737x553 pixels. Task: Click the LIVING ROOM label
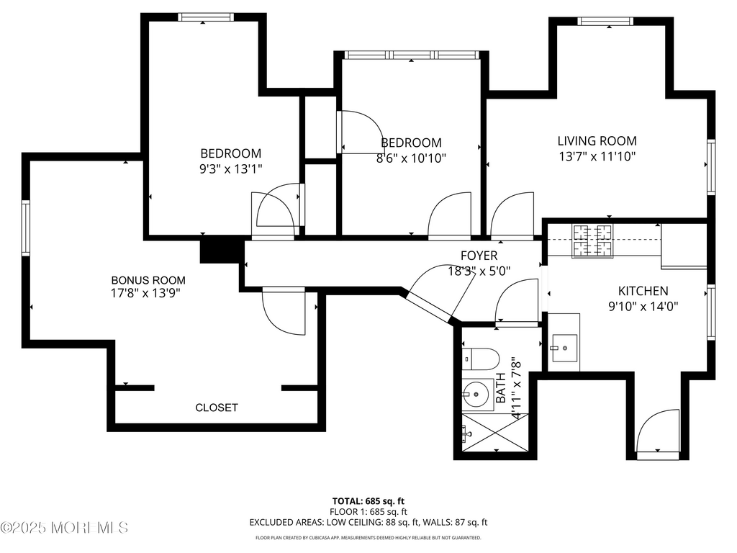597,140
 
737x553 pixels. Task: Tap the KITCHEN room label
643,291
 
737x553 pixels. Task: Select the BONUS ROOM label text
148,280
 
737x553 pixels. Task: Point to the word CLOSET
217,408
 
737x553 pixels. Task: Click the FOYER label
479,256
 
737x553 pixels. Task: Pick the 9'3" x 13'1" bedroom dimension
231,168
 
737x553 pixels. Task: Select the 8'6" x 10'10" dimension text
411,158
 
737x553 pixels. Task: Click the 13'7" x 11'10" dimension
597,156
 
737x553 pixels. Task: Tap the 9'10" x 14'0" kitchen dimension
643,307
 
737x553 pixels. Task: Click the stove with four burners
592,241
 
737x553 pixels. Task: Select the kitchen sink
564,348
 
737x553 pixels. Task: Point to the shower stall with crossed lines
495,433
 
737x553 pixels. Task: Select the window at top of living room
605,21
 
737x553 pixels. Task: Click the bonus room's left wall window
26,228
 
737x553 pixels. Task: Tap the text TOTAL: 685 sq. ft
368,501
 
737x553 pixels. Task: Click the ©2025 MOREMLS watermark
64,528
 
